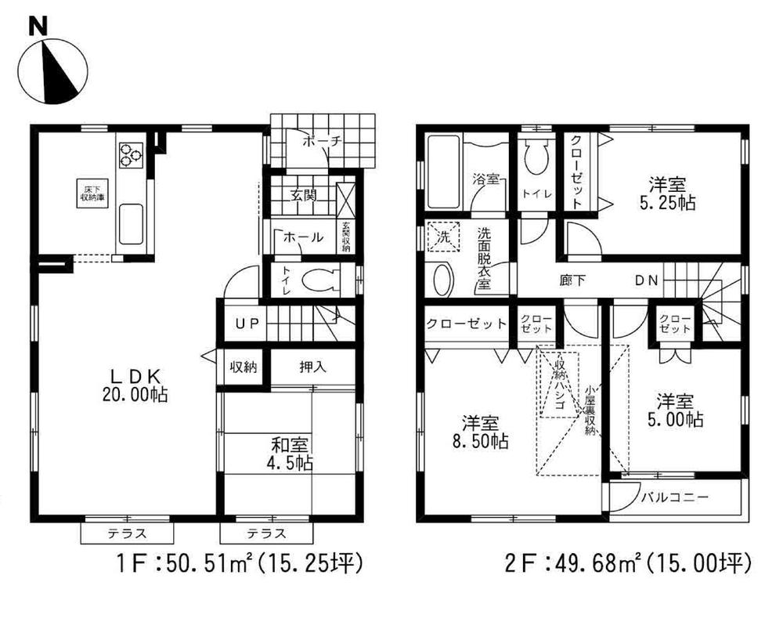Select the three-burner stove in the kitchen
131,154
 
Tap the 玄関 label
304,195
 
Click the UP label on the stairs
237,322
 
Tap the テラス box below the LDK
125,534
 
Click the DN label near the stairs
646,280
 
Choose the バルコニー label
674,497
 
